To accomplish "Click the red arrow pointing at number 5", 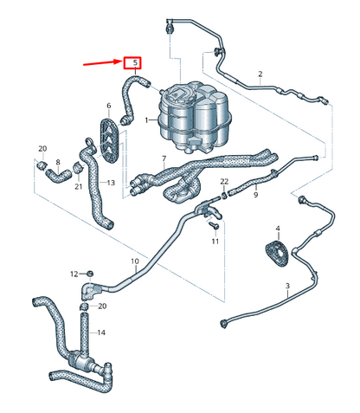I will [x=102, y=62].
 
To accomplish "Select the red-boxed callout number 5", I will [x=133, y=63].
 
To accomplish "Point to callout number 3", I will [x=286, y=285].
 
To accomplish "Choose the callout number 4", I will [x=277, y=229].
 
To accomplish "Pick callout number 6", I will [x=109, y=106].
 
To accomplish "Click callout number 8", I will [x=58, y=162].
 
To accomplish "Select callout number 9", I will [x=255, y=196].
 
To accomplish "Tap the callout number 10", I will [x=134, y=261].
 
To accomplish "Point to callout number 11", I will [x=215, y=241].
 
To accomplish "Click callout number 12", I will [x=74, y=274].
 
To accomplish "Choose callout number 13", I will [x=111, y=183].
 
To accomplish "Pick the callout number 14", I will [x=101, y=332].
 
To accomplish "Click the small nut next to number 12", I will [x=87, y=274].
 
